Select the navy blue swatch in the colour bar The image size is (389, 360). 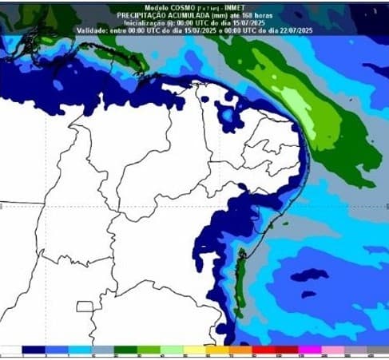(34, 350)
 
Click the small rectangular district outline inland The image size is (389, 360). (85, 307)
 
